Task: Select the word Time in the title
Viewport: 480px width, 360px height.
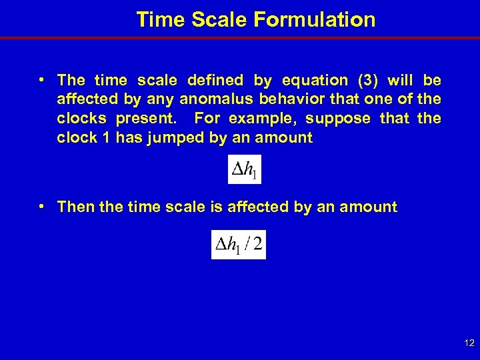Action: click(x=161, y=20)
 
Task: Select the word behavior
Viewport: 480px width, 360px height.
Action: click(x=284, y=100)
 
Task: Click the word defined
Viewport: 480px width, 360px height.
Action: click(x=215, y=81)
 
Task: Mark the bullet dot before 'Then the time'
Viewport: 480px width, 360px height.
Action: click(x=42, y=206)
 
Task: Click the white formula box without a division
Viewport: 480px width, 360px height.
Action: click(x=245, y=170)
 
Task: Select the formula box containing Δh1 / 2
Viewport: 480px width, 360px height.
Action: click(x=238, y=244)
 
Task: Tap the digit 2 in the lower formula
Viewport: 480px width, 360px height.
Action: click(x=257, y=245)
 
